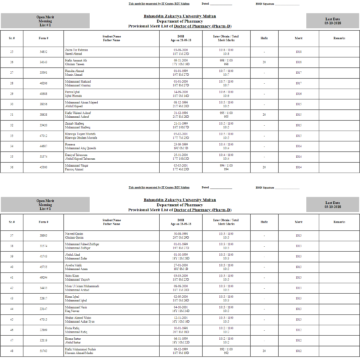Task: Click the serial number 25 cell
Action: (12, 51)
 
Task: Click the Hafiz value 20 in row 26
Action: (265, 62)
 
